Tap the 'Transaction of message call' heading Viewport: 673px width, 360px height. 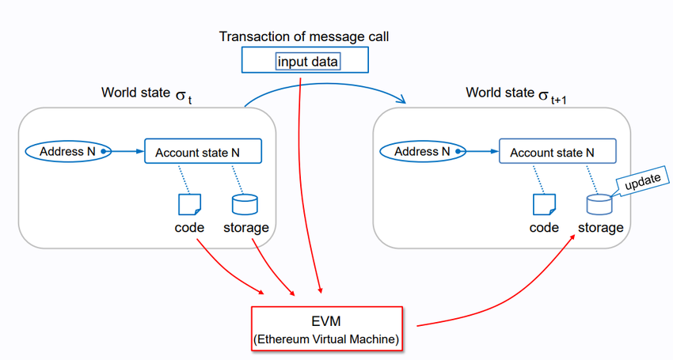(x=303, y=36)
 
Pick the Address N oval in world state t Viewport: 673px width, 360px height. (x=67, y=150)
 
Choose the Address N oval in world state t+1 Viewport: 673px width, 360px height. (x=422, y=150)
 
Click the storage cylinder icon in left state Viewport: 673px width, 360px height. (x=244, y=204)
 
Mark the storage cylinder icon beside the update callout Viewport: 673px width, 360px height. (x=599, y=204)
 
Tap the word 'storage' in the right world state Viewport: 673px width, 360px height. (x=599, y=228)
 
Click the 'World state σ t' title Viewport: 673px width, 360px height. (x=147, y=94)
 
